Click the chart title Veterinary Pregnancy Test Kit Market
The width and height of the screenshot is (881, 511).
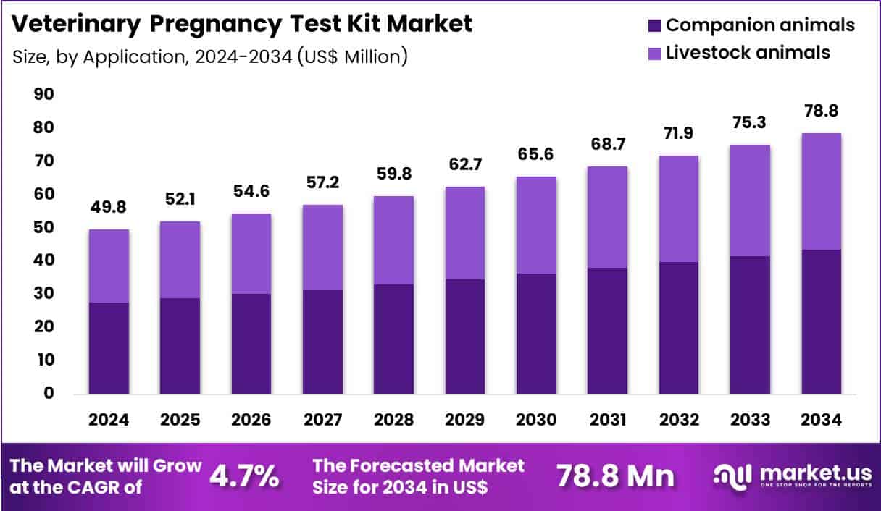click(243, 23)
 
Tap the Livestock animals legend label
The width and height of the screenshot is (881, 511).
click(748, 52)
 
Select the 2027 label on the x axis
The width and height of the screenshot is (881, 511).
click(322, 421)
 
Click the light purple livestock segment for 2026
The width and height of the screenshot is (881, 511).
click(251, 253)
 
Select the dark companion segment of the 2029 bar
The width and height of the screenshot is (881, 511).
click(465, 337)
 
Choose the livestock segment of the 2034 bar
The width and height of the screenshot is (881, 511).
click(821, 192)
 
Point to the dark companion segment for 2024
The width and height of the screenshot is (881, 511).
click(109, 347)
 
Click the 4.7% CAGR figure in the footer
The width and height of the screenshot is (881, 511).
click(244, 476)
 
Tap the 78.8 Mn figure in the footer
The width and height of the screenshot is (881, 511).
click(615, 476)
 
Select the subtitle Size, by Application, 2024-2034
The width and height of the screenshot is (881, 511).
click(210, 56)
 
